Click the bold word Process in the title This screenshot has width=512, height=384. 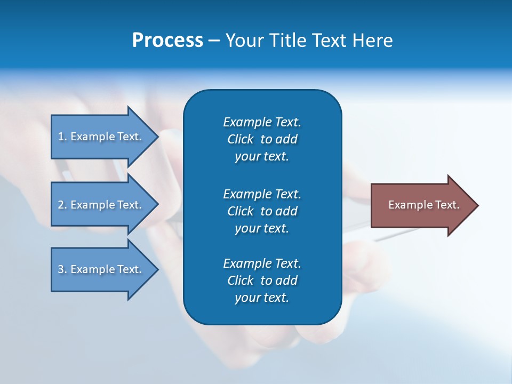(167, 41)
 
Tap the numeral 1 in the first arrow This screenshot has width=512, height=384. (60, 137)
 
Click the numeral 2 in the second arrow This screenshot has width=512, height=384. (60, 205)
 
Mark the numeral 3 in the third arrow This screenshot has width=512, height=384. (60, 269)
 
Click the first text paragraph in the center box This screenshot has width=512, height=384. (262, 139)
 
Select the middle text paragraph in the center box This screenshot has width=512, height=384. (262, 211)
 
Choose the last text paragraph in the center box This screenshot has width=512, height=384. (262, 281)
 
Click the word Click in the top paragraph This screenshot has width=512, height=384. (240, 139)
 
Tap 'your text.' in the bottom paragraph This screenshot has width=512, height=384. (262, 298)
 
